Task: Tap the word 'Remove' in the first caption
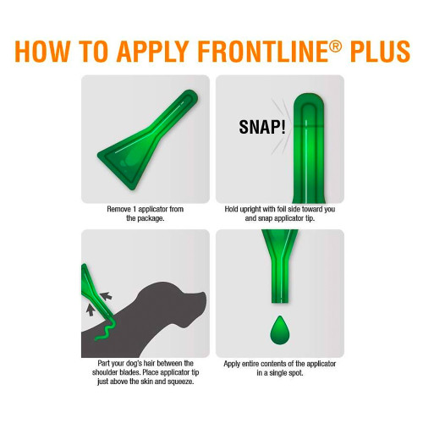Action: (118, 207)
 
